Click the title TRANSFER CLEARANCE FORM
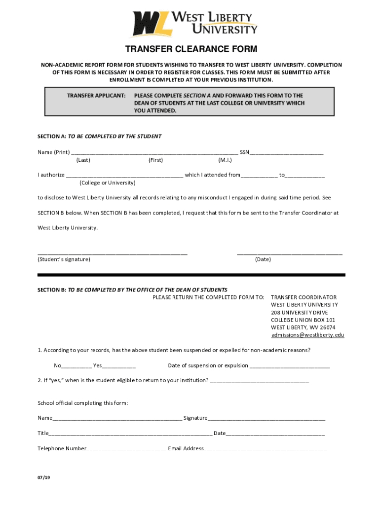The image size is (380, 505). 191,49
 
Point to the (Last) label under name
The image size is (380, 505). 83,160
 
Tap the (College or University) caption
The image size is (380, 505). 107,183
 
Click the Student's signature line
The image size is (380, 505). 113,252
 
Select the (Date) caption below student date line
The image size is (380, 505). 263,259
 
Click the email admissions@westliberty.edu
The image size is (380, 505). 307,335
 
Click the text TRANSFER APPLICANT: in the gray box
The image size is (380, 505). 96,95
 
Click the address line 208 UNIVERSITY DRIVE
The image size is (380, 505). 299,313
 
